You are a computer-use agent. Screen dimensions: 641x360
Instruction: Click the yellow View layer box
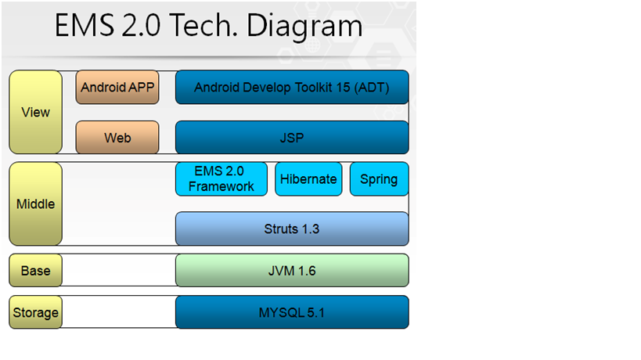35,112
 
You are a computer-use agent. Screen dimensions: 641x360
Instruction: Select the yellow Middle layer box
35,204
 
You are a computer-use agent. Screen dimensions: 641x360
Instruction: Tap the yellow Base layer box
35,271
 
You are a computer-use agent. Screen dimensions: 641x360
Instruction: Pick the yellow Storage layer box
35,312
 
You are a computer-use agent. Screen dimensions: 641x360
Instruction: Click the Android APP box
117,87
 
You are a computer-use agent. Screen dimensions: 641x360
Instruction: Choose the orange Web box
117,137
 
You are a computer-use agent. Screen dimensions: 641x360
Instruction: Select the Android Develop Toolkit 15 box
292,87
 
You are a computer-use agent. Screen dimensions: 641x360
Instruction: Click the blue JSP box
292,137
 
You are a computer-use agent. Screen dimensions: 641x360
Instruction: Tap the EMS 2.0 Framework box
221,179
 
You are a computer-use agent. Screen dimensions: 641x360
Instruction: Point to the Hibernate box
308,179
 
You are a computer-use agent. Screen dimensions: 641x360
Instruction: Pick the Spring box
379,179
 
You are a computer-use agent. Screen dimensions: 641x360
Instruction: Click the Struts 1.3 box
292,229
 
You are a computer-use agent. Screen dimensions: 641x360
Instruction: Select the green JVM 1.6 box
292,271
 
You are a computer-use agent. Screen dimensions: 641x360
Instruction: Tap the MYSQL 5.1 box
292,312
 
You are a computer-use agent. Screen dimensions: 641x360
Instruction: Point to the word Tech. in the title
203,25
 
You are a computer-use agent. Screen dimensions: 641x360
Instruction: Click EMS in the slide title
85,25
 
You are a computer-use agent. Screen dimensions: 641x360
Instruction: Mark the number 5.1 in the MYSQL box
315,312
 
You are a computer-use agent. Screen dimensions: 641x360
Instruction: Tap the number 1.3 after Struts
310,229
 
